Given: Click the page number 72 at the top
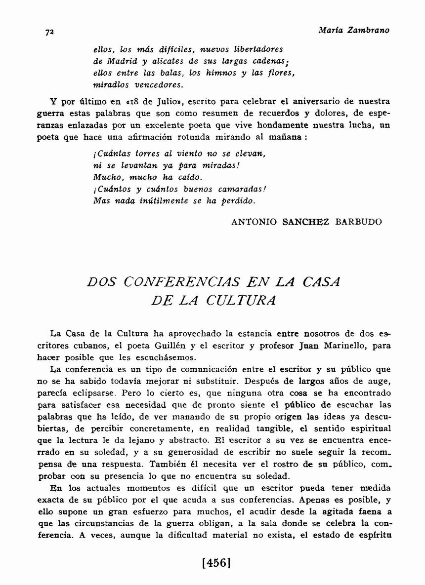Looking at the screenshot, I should point(49,32).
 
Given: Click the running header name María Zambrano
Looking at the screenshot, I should point(354,30).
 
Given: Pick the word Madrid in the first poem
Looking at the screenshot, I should point(121,61).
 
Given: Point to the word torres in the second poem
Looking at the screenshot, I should point(134,154).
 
